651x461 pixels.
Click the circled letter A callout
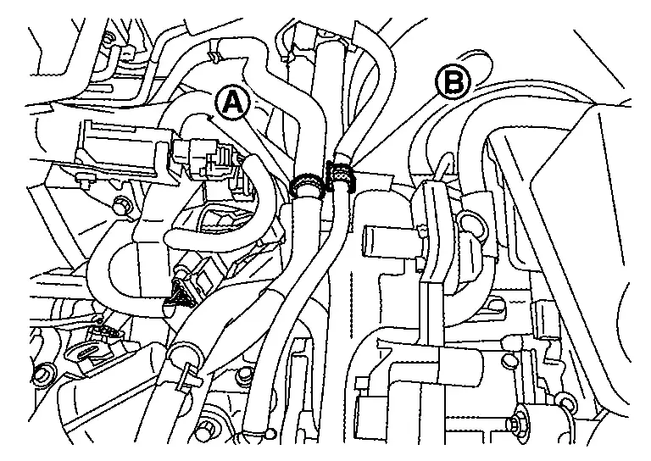(232, 103)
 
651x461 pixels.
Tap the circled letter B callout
(453, 82)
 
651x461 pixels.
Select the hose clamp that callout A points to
(306, 184)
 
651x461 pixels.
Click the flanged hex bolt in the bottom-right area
(518, 421)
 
